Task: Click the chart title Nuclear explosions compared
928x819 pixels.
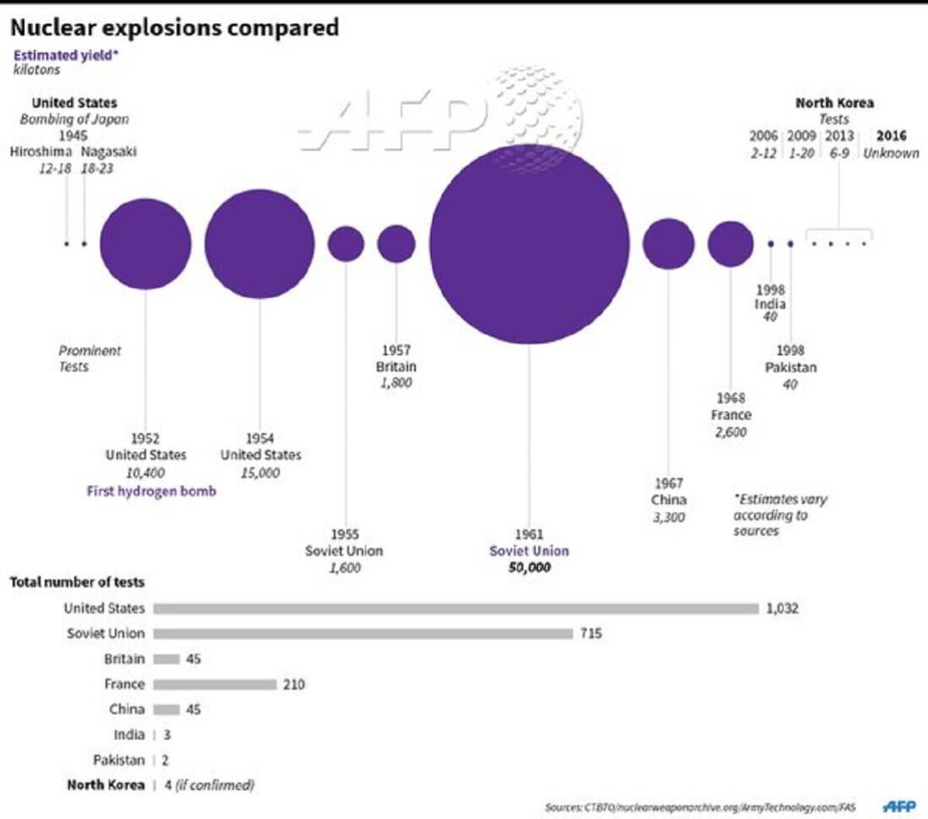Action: [174, 29]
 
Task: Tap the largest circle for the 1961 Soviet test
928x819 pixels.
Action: [529, 244]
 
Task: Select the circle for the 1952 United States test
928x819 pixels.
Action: [145, 244]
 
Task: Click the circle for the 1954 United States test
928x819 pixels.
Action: [259, 244]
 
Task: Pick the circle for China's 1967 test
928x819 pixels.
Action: [668, 244]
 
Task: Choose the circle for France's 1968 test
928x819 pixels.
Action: [730, 244]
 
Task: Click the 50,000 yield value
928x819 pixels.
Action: [529, 568]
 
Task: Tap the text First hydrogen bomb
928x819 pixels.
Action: [151, 491]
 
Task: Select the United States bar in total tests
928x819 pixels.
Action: [456, 608]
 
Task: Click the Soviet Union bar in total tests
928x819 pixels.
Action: [363, 633]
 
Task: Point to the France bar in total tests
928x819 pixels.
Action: [214, 684]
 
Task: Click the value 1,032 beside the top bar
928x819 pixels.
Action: [782, 608]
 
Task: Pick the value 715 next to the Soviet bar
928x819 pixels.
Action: [591, 633]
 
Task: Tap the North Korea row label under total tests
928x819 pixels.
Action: [105, 785]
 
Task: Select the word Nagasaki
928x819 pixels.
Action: [109, 152]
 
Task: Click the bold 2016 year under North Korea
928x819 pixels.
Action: [891, 136]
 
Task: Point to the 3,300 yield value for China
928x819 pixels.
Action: [668, 517]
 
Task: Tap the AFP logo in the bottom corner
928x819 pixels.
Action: [899, 806]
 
